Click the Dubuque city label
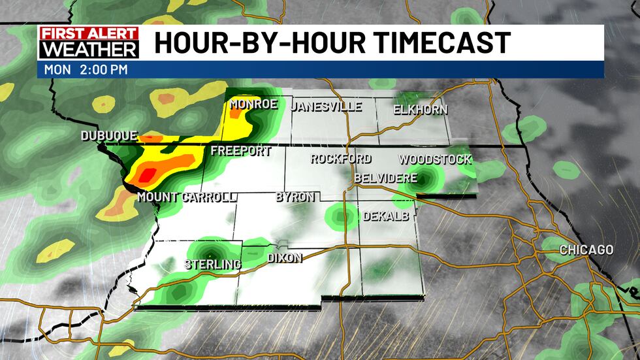tap(109, 136)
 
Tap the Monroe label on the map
tap(254, 104)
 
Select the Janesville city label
tap(327, 106)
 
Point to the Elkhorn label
tap(421, 110)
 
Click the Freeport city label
tap(240, 152)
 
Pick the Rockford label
tap(340, 159)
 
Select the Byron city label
tap(295, 197)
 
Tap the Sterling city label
tap(212, 265)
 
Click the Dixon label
tap(285, 258)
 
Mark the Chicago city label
tap(586, 250)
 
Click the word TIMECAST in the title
tap(431, 43)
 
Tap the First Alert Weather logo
tap(89, 43)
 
